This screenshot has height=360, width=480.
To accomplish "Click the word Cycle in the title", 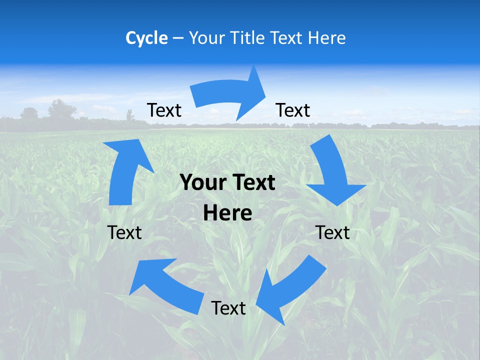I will click(x=146, y=38).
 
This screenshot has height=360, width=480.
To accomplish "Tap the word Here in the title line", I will click(x=327, y=38).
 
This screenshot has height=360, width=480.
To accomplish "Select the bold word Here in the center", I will click(x=227, y=213).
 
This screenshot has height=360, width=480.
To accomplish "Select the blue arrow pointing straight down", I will click(x=333, y=172).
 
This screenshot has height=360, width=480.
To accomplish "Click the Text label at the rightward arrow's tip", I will click(x=293, y=110).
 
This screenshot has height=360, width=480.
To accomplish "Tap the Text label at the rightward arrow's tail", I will click(x=164, y=110).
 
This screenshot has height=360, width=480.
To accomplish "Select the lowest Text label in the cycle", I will click(x=228, y=308).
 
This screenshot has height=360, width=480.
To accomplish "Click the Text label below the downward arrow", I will click(x=332, y=232).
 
